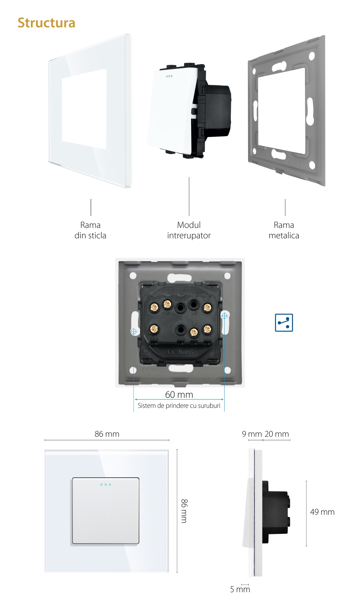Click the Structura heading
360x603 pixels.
click(x=46, y=23)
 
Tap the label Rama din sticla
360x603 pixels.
click(x=90, y=230)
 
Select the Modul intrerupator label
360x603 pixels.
click(x=189, y=230)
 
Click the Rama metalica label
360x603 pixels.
click(x=284, y=230)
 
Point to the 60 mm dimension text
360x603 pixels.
click(x=179, y=395)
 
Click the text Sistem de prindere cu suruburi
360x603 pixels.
click(x=179, y=406)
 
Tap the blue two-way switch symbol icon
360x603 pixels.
click(x=284, y=323)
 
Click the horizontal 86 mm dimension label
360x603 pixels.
click(x=107, y=434)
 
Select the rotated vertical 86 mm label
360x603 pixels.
click(x=184, y=511)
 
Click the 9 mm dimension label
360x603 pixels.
click(x=252, y=434)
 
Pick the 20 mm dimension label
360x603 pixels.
click(x=276, y=434)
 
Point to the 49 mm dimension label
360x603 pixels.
click(x=322, y=512)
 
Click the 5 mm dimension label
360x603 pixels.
click(x=240, y=589)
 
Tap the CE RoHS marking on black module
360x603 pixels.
click(x=181, y=352)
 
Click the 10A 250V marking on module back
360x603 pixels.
click(x=181, y=293)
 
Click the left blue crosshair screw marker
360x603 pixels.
click(x=134, y=331)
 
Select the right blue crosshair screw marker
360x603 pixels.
click(x=224, y=316)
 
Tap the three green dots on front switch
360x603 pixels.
click(x=105, y=485)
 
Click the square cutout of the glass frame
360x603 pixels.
click(x=84, y=109)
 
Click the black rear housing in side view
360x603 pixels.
click(x=275, y=511)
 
